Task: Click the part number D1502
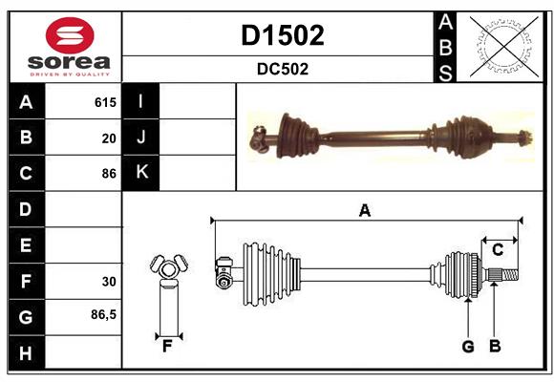282,35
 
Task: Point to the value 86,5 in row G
103,314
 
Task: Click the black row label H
26,352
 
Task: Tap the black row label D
26,209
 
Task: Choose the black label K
141,173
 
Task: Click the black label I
141,101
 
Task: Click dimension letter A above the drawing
364,210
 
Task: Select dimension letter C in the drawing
498,250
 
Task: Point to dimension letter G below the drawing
468,347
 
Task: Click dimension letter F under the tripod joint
166,347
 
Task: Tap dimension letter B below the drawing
495,347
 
